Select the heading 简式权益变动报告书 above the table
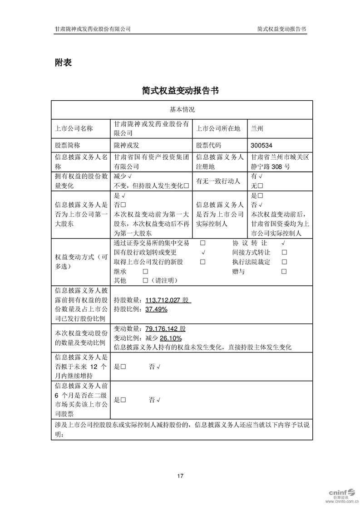click(x=180, y=90)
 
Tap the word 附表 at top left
click(x=63, y=63)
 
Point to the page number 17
click(x=180, y=476)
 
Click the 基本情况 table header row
click(x=182, y=110)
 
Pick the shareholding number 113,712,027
click(x=163, y=300)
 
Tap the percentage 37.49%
click(x=156, y=309)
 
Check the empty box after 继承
click(x=145, y=271)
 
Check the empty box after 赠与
click(x=284, y=271)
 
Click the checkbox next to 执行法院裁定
click(x=284, y=262)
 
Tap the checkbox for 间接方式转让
click(x=284, y=252)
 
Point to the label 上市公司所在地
click(x=218, y=128)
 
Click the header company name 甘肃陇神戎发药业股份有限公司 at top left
click(x=93, y=29)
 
